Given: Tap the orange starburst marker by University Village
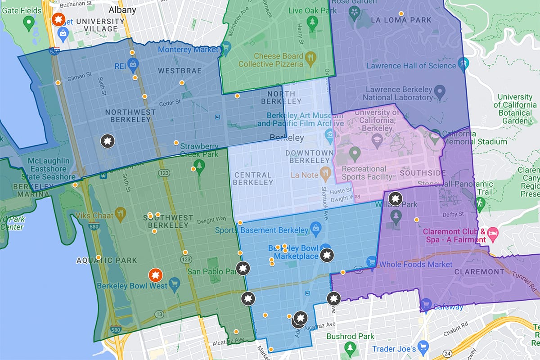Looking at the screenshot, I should (x=58, y=19).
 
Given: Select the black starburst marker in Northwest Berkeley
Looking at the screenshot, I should (x=107, y=141).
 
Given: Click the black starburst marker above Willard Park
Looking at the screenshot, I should (x=395, y=198).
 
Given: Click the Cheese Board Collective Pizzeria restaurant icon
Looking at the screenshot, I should (x=310, y=57).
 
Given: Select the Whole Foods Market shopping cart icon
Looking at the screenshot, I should (x=371, y=261).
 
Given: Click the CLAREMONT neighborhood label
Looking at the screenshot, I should (x=479, y=272).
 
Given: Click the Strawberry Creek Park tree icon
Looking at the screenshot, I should (x=197, y=165).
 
